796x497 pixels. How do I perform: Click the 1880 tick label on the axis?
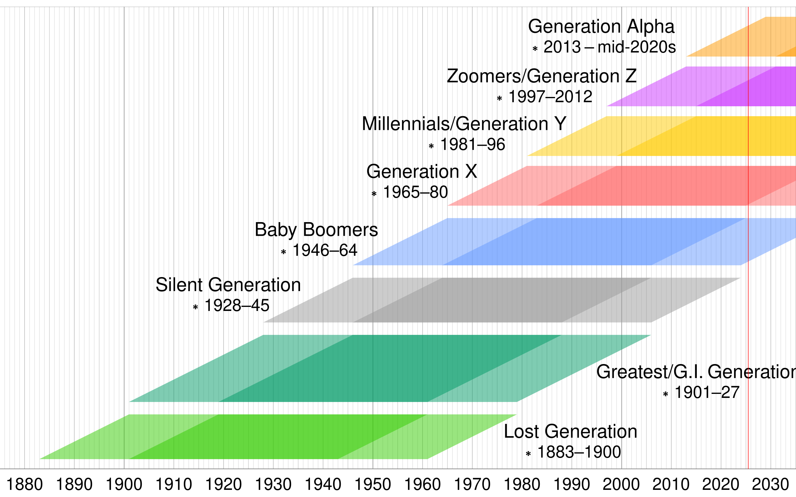pyautogui.click(x=25, y=485)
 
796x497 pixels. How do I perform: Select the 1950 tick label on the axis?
pyautogui.click(x=373, y=485)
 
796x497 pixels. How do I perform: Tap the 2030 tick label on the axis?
pyautogui.click(x=770, y=485)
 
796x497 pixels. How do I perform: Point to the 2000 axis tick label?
pyautogui.click(x=621, y=485)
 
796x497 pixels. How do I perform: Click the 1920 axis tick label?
pyautogui.click(x=223, y=485)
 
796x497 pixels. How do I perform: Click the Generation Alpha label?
pyautogui.click(x=601, y=27)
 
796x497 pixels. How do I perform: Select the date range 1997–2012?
pyautogui.click(x=550, y=97)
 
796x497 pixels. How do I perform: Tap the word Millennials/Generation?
pyautogui.click(x=455, y=124)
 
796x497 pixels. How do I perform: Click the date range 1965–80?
pyautogui.click(x=415, y=192)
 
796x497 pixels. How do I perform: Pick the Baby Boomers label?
pyautogui.click(x=316, y=230)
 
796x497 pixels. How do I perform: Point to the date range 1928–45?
pyautogui.click(x=237, y=306)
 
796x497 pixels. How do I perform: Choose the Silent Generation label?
pyautogui.click(x=228, y=285)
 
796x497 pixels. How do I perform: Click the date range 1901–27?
pyautogui.click(x=707, y=392)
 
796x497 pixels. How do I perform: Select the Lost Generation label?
pyautogui.click(x=570, y=431)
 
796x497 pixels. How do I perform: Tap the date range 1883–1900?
pyautogui.click(x=579, y=452)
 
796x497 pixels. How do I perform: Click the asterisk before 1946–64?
pyautogui.click(x=284, y=252)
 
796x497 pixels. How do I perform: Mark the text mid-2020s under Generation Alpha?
pyautogui.click(x=636, y=47)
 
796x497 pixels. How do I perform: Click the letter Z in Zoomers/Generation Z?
pyautogui.click(x=631, y=76)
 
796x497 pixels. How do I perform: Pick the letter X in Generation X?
pyautogui.click(x=471, y=172)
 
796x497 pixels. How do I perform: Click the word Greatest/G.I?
pyautogui.click(x=650, y=372)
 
